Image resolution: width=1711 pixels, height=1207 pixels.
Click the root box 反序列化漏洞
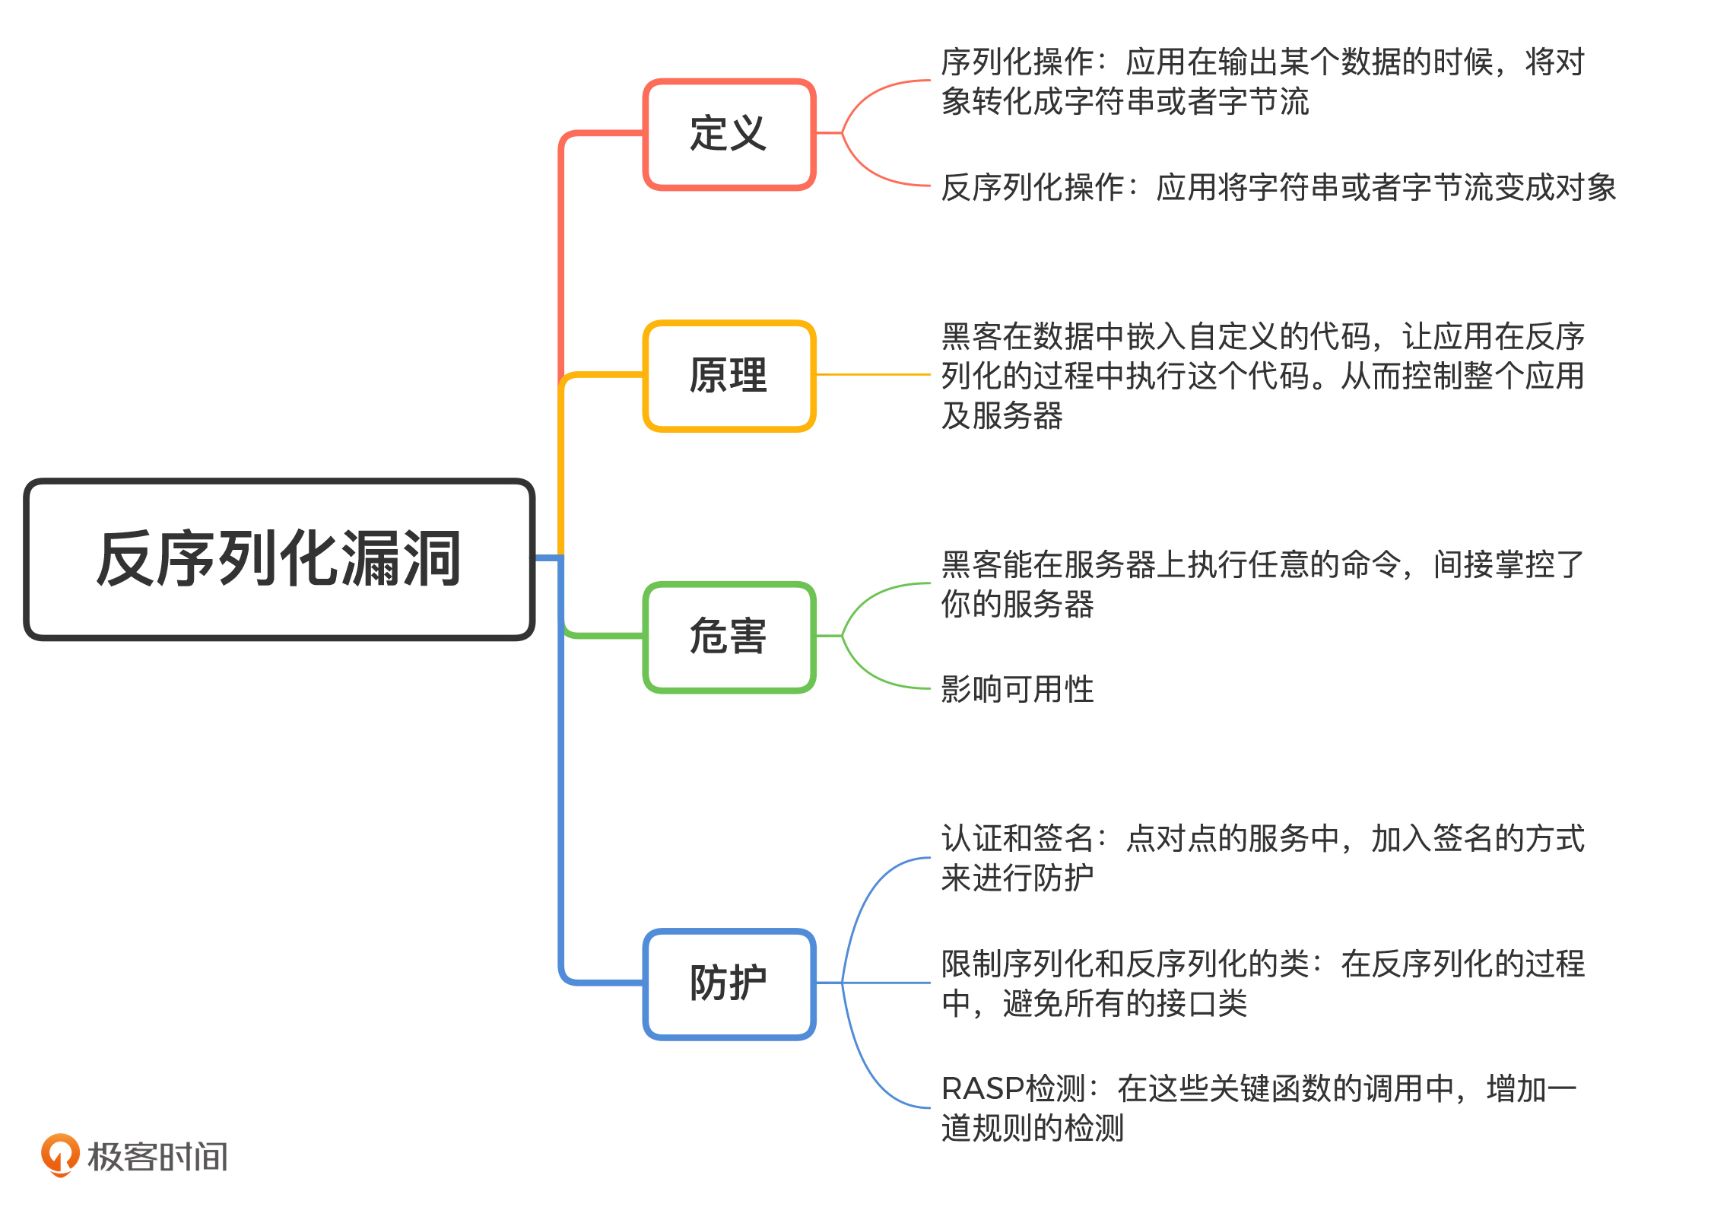tap(279, 559)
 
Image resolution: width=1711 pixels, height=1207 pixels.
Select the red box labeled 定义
tap(729, 134)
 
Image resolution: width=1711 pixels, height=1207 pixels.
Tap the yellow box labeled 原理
tap(729, 376)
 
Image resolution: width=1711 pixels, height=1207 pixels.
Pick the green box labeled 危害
tap(729, 637)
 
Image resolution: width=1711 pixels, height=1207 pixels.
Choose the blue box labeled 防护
tap(729, 983)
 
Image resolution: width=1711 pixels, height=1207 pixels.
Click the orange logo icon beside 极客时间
tap(60, 1154)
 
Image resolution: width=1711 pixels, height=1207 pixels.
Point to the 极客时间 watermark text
tap(157, 1157)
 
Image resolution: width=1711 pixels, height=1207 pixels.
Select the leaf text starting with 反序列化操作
tap(1278, 187)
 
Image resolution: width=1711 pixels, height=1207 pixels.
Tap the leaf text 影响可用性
tap(1017, 689)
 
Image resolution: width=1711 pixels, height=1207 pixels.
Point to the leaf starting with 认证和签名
tap(1262, 858)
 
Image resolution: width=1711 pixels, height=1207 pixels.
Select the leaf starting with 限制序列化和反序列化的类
tap(1262, 983)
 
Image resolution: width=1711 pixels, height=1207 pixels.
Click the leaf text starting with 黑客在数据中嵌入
tap(1262, 376)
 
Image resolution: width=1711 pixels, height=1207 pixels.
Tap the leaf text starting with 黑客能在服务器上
tap(1262, 584)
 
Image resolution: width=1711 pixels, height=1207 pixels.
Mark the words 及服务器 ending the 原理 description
tap(1002, 416)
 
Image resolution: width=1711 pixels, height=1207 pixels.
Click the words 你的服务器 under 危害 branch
tap(1017, 605)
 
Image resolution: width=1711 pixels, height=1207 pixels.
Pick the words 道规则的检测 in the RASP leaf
tap(1033, 1128)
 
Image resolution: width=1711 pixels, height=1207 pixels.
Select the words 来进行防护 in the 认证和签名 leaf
tap(1017, 878)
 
